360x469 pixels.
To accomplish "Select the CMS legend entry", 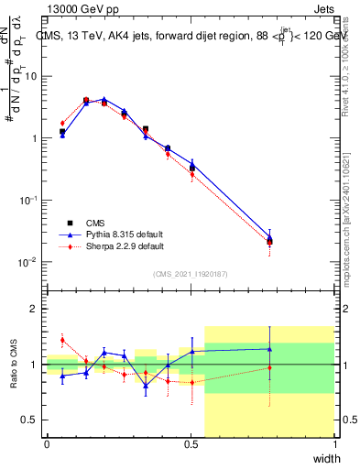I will click(x=96, y=223).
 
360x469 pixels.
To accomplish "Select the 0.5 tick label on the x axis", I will click(x=191, y=444).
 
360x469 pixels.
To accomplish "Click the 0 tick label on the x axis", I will click(x=47, y=444).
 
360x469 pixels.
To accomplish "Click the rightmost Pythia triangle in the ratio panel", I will click(x=269, y=349).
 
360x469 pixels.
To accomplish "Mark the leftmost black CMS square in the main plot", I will click(x=62, y=132).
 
